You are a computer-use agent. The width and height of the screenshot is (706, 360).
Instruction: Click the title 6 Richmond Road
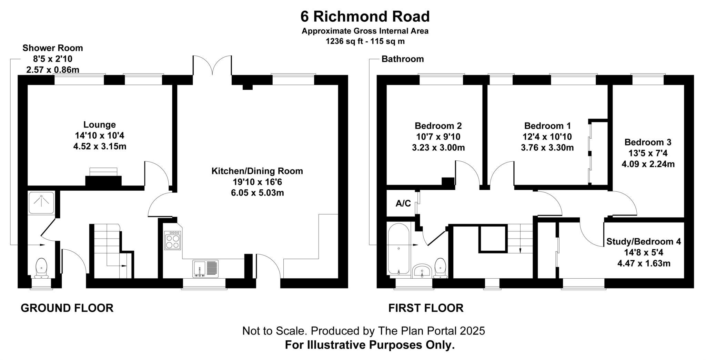click(x=365, y=16)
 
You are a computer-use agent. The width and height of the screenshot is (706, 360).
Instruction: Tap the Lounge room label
click(x=100, y=124)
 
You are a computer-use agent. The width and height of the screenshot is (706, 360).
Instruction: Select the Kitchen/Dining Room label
click(x=257, y=171)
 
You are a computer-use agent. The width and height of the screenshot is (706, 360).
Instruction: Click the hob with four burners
click(x=173, y=240)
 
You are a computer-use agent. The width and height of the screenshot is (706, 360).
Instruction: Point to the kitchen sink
click(x=205, y=269)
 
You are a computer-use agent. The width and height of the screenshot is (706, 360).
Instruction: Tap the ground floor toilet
click(x=41, y=268)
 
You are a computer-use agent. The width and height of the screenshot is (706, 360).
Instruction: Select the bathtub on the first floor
click(x=399, y=248)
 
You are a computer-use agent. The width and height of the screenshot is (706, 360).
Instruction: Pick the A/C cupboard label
click(x=403, y=203)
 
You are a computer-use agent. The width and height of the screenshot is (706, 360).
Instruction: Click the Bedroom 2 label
click(x=438, y=126)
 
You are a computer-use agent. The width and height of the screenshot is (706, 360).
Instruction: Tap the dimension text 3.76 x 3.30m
click(x=547, y=148)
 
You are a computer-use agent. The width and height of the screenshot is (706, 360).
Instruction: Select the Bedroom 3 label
click(x=648, y=142)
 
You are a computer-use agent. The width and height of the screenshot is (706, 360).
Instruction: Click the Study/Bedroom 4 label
click(x=644, y=241)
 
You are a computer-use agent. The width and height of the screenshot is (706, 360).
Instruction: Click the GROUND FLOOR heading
click(x=67, y=308)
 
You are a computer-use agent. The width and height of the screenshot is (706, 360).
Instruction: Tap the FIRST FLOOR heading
click(x=426, y=308)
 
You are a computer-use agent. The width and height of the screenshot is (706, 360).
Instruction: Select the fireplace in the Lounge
click(x=103, y=179)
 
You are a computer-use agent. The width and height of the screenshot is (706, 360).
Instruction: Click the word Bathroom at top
click(x=402, y=59)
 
